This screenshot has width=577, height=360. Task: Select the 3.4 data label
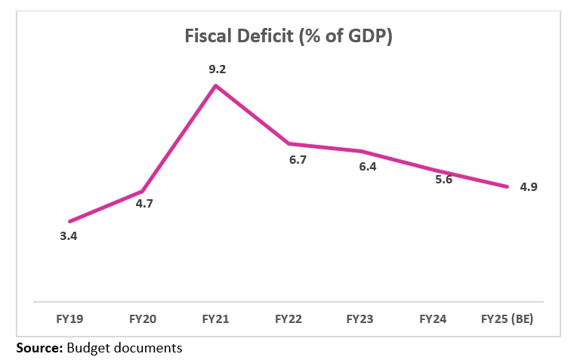pyautogui.click(x=69, y=236)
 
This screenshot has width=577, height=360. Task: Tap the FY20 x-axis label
pyautogui.click(x=143, y=320)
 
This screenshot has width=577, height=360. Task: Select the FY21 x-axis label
pyautogui.click(x=217, y=320)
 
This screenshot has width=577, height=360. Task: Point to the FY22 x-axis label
pyautogui.click(x=289, y=320)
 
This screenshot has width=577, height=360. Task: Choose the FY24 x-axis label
pyautogui.click(x=434, y=320)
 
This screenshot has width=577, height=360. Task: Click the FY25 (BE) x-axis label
pyautogui.click(x=507, y=320)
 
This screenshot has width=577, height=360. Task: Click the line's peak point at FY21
pyautogui.click(x=217, y=85)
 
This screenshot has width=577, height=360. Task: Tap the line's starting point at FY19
pyautogui.click(x=69, y=221)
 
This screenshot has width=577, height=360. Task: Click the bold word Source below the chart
pyautogui.click(x=39, y=349)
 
